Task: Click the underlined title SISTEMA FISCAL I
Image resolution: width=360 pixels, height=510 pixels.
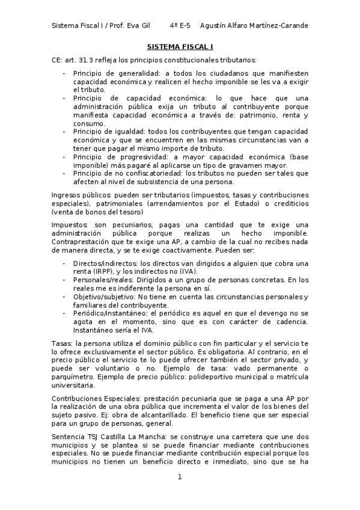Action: (180, 46)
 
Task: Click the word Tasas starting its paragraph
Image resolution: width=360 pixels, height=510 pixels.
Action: (62, 342)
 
